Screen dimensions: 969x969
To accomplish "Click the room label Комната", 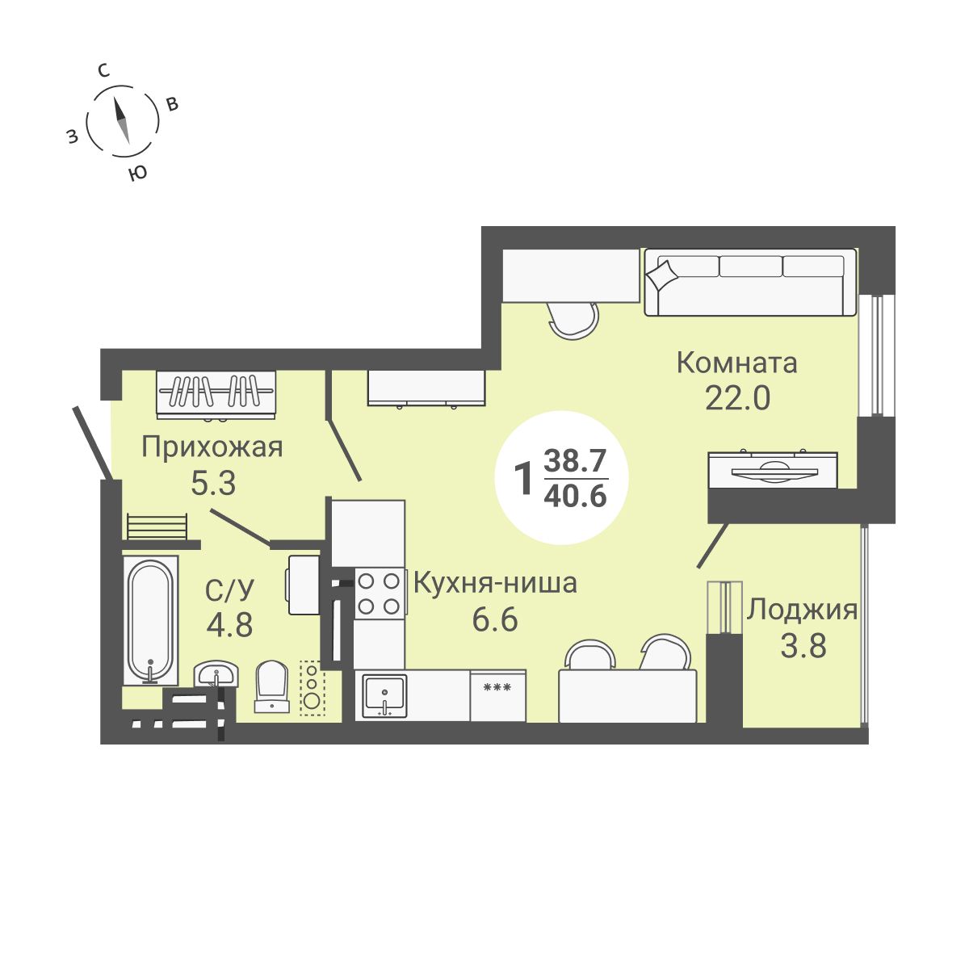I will click(x=736, y=363).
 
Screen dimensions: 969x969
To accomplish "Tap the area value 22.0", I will click(x=737, y=398).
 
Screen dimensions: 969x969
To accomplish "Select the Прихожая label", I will click(x=212, y=447).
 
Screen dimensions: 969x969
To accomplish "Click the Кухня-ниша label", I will click(x=495, y=583).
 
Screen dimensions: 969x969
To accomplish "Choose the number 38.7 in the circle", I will click(x=575, y=461).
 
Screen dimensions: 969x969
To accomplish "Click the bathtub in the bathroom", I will click(x=150, y=619).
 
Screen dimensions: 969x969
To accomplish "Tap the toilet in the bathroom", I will click(x=272, y=686).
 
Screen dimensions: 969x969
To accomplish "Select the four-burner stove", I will click(x=379, y=593).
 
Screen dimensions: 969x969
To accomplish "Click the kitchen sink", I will click(x=384, y=694).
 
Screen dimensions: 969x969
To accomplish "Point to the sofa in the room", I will click(x=749, y=282).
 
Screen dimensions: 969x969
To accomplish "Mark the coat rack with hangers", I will click(x=216, y=393).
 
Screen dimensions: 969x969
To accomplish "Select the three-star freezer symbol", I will click(x=496, y=688).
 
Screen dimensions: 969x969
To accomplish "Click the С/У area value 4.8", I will click(x=229, y=625).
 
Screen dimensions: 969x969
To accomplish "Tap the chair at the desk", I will click(x=574, y=320).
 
